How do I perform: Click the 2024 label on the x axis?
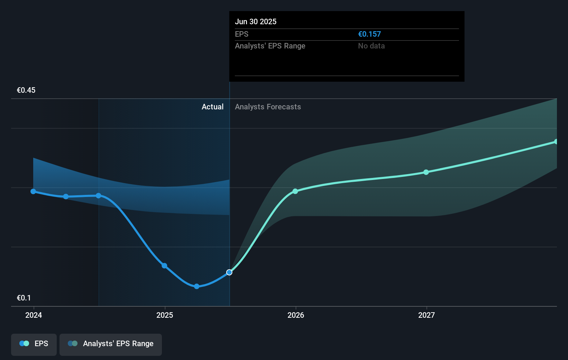tap(34, 315)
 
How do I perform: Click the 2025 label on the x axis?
tap(165, 315)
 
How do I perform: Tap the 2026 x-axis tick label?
tap(296, 315)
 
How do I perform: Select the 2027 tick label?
tap(427, 315)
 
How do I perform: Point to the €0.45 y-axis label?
tap(26, 90)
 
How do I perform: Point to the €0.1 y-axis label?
tap(24, 298)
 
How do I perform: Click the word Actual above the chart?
tap(212, 107)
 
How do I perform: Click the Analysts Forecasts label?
tap(268, 107)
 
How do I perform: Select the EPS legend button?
tap(34, 344)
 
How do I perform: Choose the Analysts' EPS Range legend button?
tap(111, 344)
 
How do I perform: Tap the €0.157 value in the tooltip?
tap(369, 34)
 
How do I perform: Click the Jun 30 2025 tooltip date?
tap(256, 22)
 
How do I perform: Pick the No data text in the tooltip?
tap(371, 46)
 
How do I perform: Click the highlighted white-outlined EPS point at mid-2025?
tap(229, 272)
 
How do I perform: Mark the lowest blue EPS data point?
tap(196, 286)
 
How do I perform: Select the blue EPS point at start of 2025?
tap(165, 266)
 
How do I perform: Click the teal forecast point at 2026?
tap(295, 191)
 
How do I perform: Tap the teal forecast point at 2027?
tap(426, 172)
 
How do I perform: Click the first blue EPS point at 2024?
tap(33, 191)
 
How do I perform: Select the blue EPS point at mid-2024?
tap(99, 196)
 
